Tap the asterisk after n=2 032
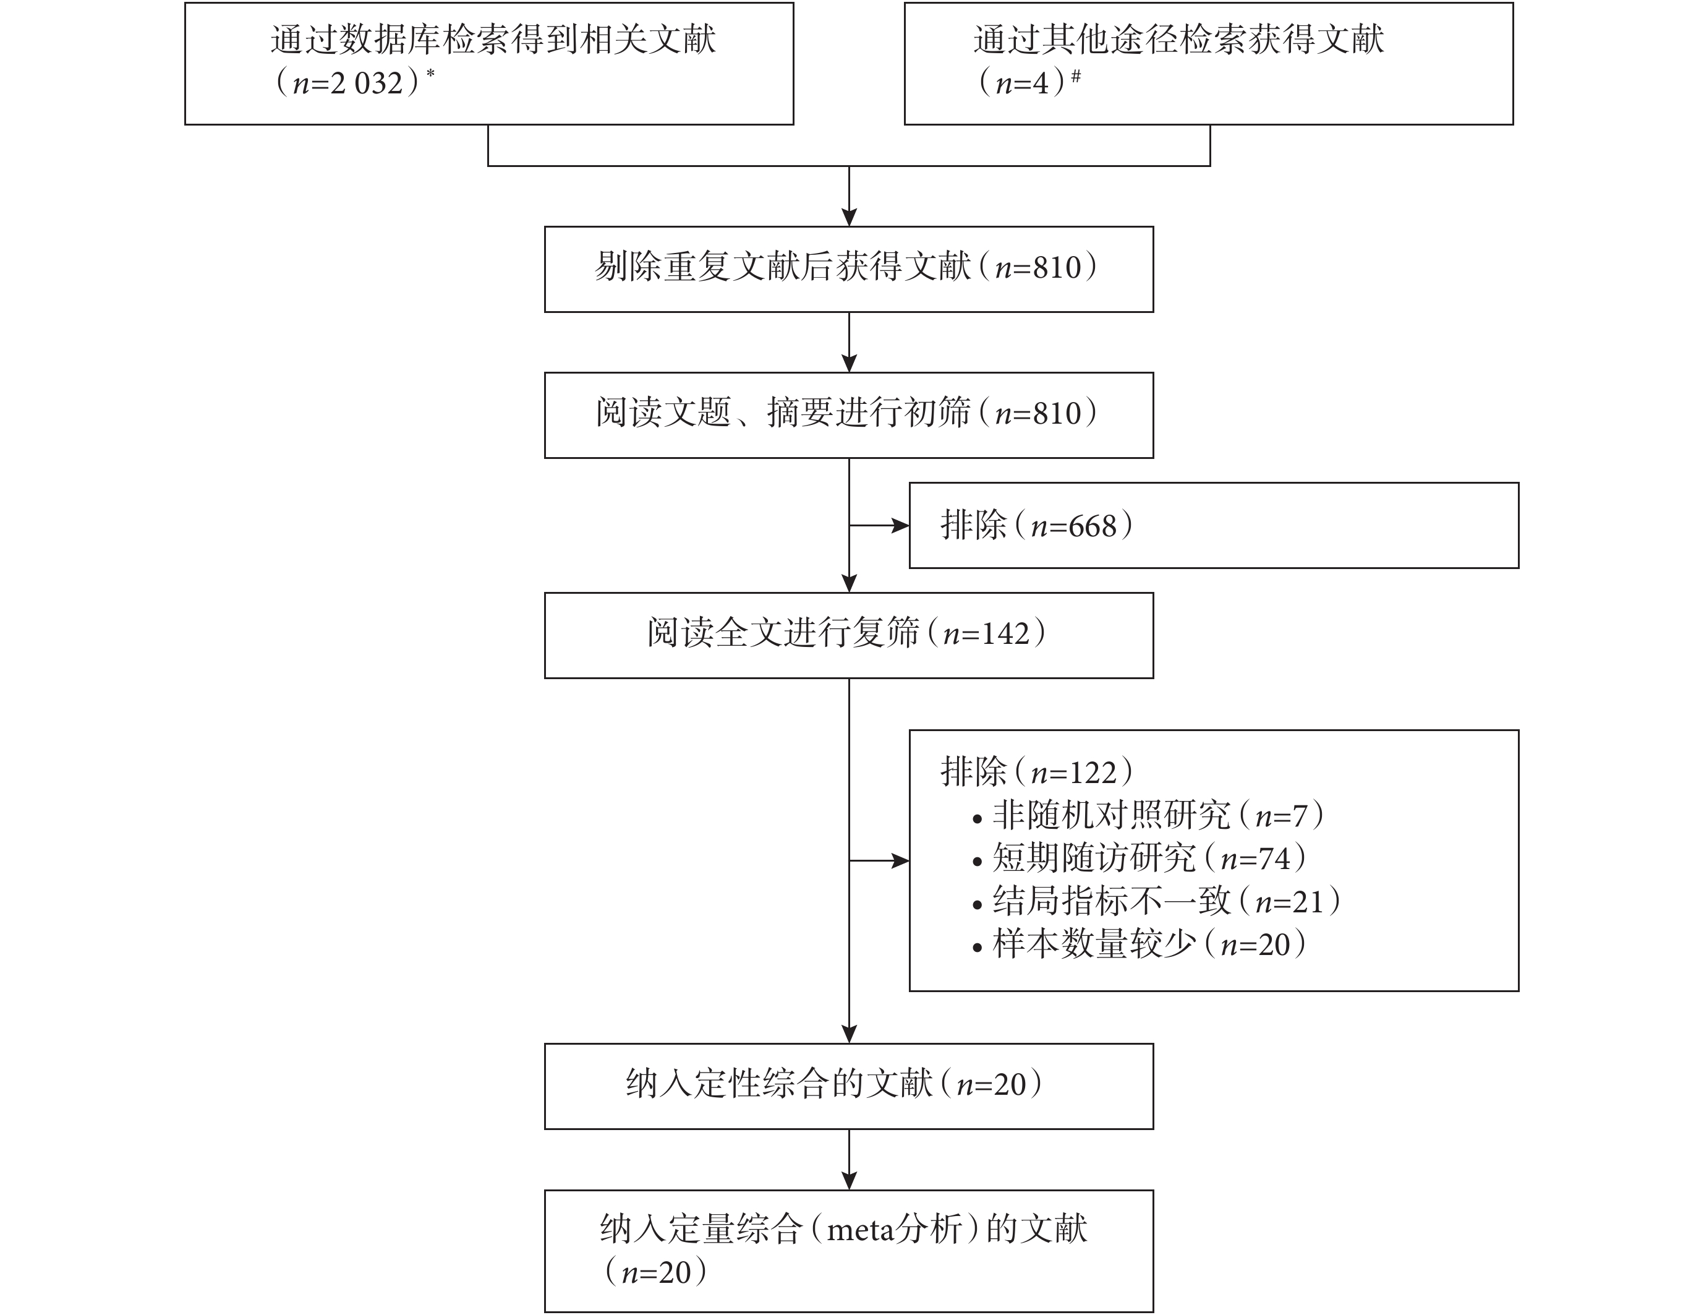coord(430,75)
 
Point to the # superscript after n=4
coord(1076,75)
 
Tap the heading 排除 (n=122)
coord(1037,772)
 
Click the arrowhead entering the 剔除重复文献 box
coord(849,217)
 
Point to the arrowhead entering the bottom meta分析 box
coord(849,1181)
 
